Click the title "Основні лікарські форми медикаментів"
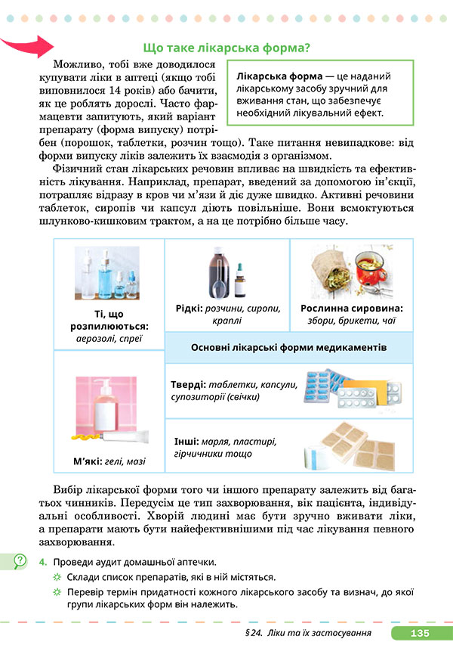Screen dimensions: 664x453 pyautogui.click(x=289, y=346)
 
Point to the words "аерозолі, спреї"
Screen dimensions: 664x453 pyautogui.click(x=109, y=339)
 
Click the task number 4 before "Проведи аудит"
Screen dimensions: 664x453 pyautogui.click(x=45, y=562)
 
